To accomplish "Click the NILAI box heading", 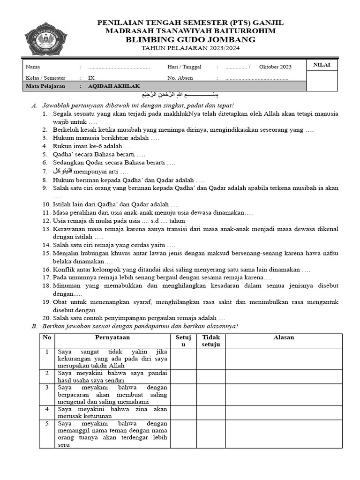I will [x=322, y=65].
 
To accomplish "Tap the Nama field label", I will [x=33, y=67].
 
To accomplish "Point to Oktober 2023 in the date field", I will [x=275, y=67].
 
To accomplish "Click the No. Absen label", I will [x=180, y=78].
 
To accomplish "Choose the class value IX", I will [x=91, y=78].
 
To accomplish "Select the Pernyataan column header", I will [x=112, y=337].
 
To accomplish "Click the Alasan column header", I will [x=284, y=337].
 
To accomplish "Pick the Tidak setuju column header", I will [x=211, y=341].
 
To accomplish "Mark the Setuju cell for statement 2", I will [x=183, y=376].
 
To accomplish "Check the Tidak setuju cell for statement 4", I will [x=211, y=412].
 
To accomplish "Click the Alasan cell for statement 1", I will [x=284, y=359].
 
